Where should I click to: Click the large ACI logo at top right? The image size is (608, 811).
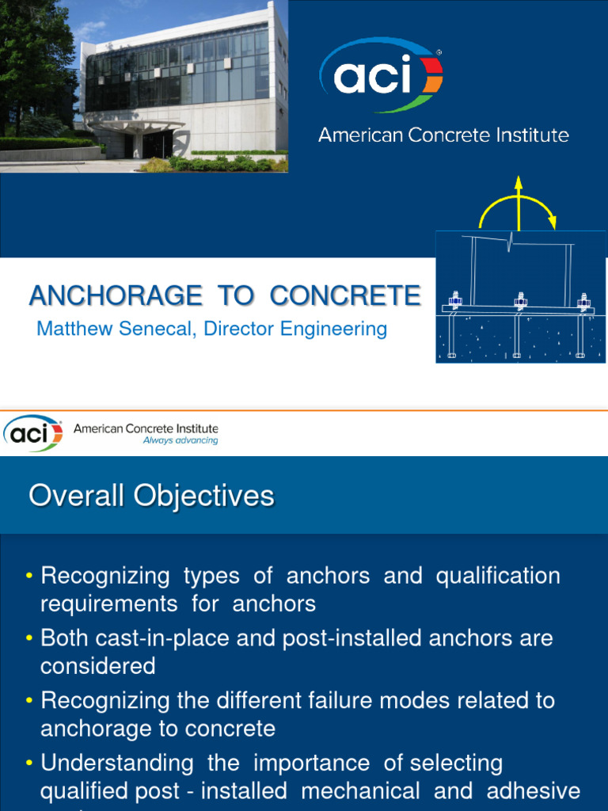click(x=381, y=75)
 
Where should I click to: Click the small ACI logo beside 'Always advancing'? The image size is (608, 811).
click(x=32, y=432)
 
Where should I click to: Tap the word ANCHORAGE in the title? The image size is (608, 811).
click(x=116, y=295)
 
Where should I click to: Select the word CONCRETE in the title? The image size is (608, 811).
click(x=345, y=295)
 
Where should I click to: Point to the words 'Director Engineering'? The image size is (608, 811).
click(x=295, y=329)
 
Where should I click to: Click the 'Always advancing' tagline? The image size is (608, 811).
click(x=180, y=440)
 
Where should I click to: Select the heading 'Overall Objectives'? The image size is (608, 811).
click(x=151, y=497)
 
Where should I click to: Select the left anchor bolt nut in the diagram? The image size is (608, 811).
click(x=455, y=301)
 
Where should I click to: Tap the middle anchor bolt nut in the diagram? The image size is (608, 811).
click(x=520, y=301)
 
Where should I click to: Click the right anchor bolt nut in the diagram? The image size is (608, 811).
click(x=583, y=301)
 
